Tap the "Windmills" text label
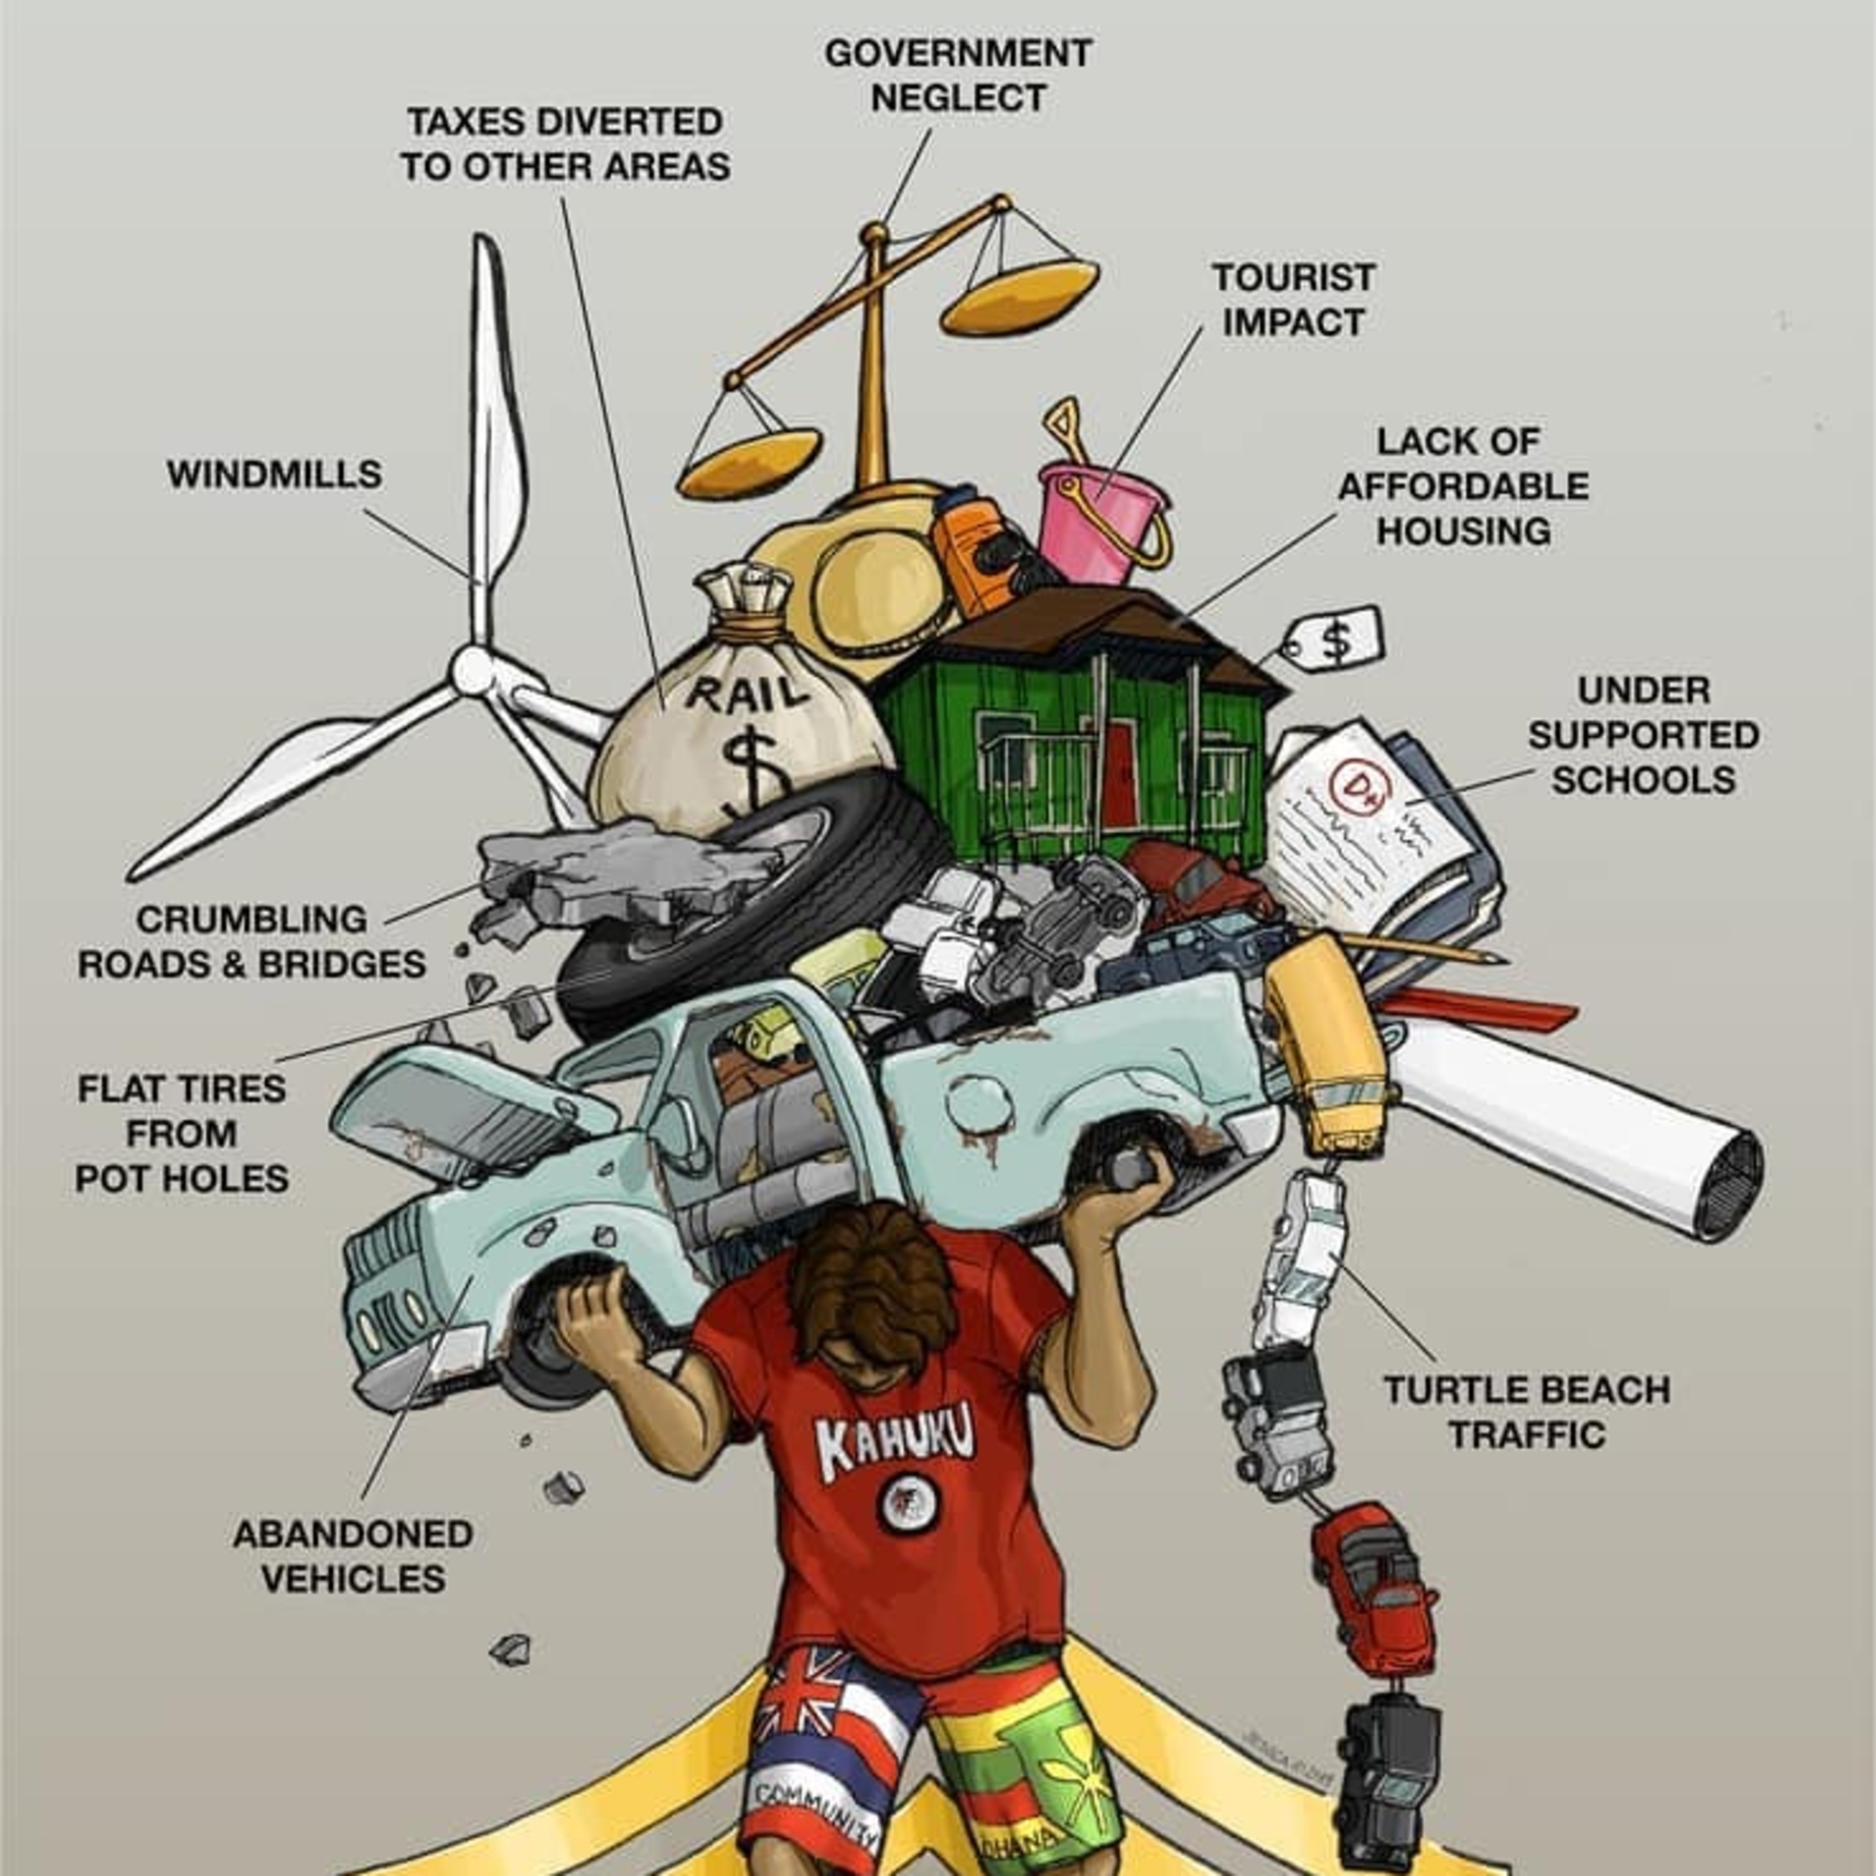coord(275,475)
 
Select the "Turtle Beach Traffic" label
coord(1526,1412)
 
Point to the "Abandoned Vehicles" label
coord(353,1556)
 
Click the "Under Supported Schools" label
coord(1643,735)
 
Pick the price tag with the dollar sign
coord(1335,639)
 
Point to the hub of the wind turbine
coord(473,670)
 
